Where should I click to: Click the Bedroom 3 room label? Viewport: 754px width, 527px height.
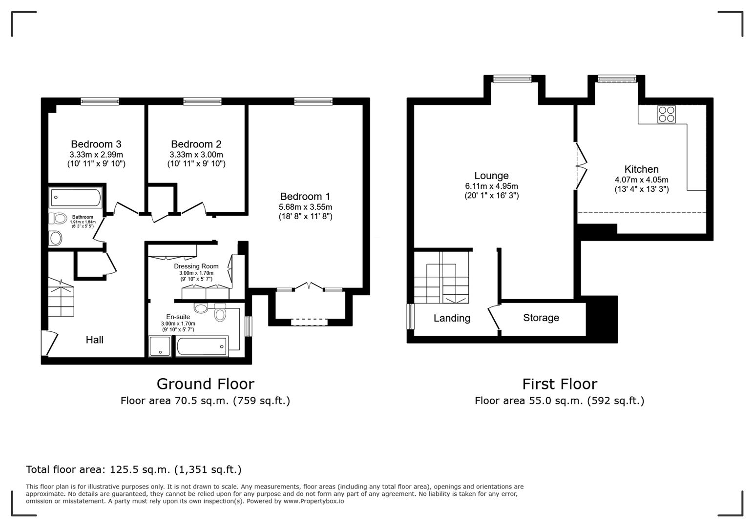pyautogui.click(x=96, y=144)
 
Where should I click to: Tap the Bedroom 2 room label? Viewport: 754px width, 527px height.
pyautogui.click(x=196, y=144)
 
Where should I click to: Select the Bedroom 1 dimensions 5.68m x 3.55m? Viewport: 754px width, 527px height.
pyautogui.click(x=305, y=207)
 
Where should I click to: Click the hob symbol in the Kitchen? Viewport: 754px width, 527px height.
pyautogui.click(x=666, y=114)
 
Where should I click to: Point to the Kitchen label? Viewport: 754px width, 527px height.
pyautogui.click(x=641, y=169)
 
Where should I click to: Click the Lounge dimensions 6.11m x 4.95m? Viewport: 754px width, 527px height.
pyautogui.click(x=491, y=186)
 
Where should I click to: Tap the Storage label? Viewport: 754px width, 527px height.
pyautogui.click(x=541, y=318)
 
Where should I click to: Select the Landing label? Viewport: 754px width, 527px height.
pyautogui.click(x=452, y=318)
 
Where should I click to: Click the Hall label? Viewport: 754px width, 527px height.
pyautogui.click(x=94, y=340)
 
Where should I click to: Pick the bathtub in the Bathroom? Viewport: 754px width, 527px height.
pyautogui.click(x=76, y=198)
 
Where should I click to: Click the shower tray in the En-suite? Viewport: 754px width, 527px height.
pyautogui.click(x=161, y=346)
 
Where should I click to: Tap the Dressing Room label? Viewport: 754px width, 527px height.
pyautogui.click(x=196, y=266)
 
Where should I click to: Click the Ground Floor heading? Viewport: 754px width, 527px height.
pyautogui.click(x=205, y=384)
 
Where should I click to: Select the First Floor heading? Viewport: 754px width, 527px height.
pyautogui.click(x=559, y=384)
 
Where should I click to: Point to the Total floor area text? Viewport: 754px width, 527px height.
pyautogui.click(x=133, y=469)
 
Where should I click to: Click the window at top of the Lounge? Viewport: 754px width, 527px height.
pyautogui.click(x=512, y=79)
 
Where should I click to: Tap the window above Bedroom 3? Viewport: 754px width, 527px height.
pyautogui.click(x=100, y=101)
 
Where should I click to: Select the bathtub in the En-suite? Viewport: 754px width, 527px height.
pyautogui.click(x=202, y=346)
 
